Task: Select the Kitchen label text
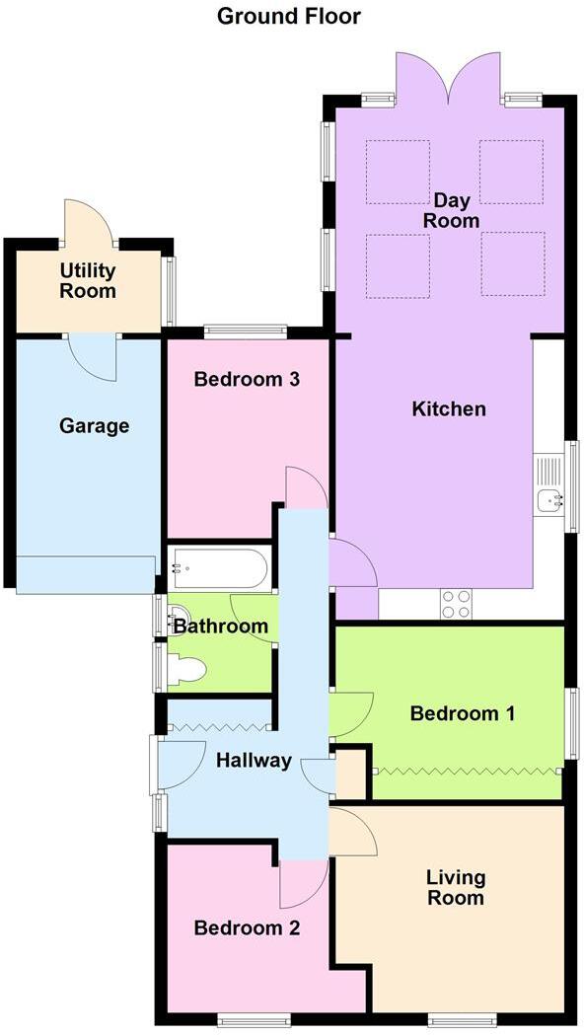coord(449,408)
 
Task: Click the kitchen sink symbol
coord(547,500)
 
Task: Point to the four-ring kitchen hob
coord(455,603)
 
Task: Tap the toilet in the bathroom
coord(187,671)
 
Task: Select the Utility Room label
coord(88,280)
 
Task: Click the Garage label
coord(95,426)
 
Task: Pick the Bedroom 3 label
coord(247,379)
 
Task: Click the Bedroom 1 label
coord(463,713)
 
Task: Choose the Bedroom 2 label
coord(247,927)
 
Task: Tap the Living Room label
coord(455,887)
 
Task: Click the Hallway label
coord(254,760)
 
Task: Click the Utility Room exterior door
coord(89,222)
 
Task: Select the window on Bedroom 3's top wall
coord(246,331)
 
